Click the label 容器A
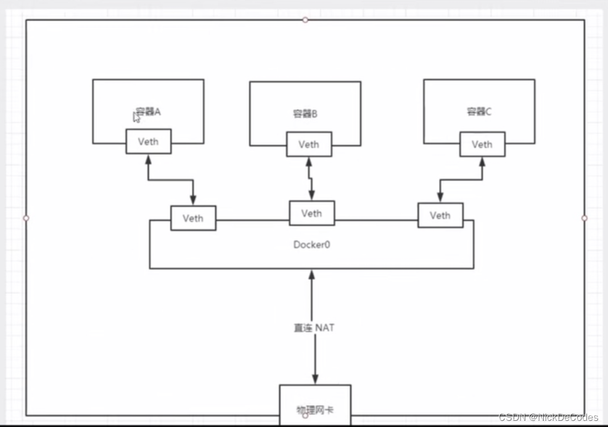tap(149, 112)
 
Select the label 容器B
tap(305, 114)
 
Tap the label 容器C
tap(479, 112)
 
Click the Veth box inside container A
tap(148, 141)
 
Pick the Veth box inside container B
tap(309, 144)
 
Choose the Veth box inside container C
tap(482, 144)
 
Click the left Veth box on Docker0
tap(193, 218)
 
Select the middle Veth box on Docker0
tap(311, 213)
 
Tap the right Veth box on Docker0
tap(440, 215)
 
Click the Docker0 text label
tap(311, 244)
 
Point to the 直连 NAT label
tap(314, 328)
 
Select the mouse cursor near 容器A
tap(136, 117)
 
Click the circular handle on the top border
tap(305, 20)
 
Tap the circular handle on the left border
tap(26, 218)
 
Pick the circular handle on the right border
tap(584, 218)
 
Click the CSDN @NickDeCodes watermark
tap(548, 418)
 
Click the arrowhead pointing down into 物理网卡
tap(315, 379)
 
